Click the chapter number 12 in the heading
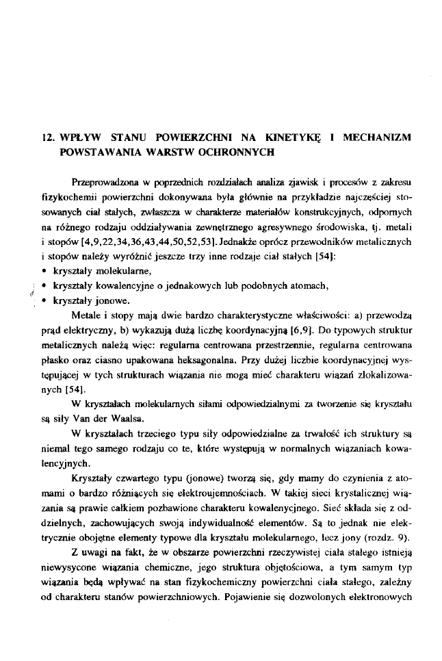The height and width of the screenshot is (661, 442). tap(47, 138)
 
